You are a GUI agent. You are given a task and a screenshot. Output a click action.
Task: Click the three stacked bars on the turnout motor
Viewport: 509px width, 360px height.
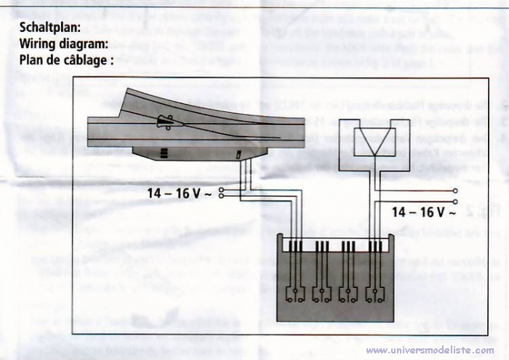tap(164, 153)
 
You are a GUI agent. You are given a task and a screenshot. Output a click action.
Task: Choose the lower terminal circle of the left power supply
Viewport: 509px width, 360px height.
tap(222, 197)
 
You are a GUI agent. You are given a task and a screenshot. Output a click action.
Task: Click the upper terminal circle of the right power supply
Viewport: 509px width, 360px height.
tap(455, 191)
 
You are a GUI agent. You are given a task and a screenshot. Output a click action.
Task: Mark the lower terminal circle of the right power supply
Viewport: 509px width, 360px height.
tap(455, 201)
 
